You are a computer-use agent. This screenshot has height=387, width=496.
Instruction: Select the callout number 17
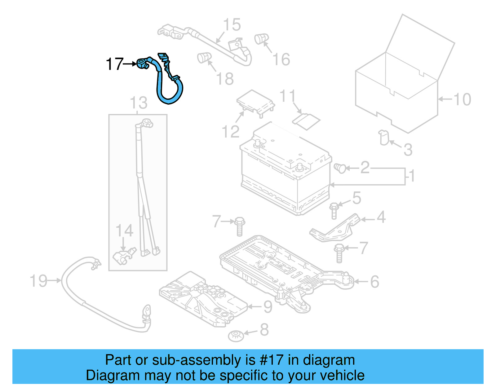point(114,64)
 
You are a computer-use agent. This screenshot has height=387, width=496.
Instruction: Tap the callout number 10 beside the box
point(462,99)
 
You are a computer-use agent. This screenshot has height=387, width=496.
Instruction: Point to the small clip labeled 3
point(384,138)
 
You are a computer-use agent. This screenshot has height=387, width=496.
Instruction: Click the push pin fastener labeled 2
point(340,168)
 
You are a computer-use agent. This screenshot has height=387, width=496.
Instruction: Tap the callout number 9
point(268,307)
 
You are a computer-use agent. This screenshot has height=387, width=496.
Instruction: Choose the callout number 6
point(375,282)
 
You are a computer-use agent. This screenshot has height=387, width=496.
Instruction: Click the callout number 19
point(38,281)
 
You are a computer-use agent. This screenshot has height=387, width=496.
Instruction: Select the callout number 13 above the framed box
point(139,103)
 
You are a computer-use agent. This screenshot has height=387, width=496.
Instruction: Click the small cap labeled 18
point(204,57)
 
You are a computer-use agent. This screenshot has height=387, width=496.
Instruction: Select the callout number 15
point(232,24)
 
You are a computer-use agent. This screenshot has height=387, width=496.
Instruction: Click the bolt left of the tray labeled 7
point(240,226)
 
